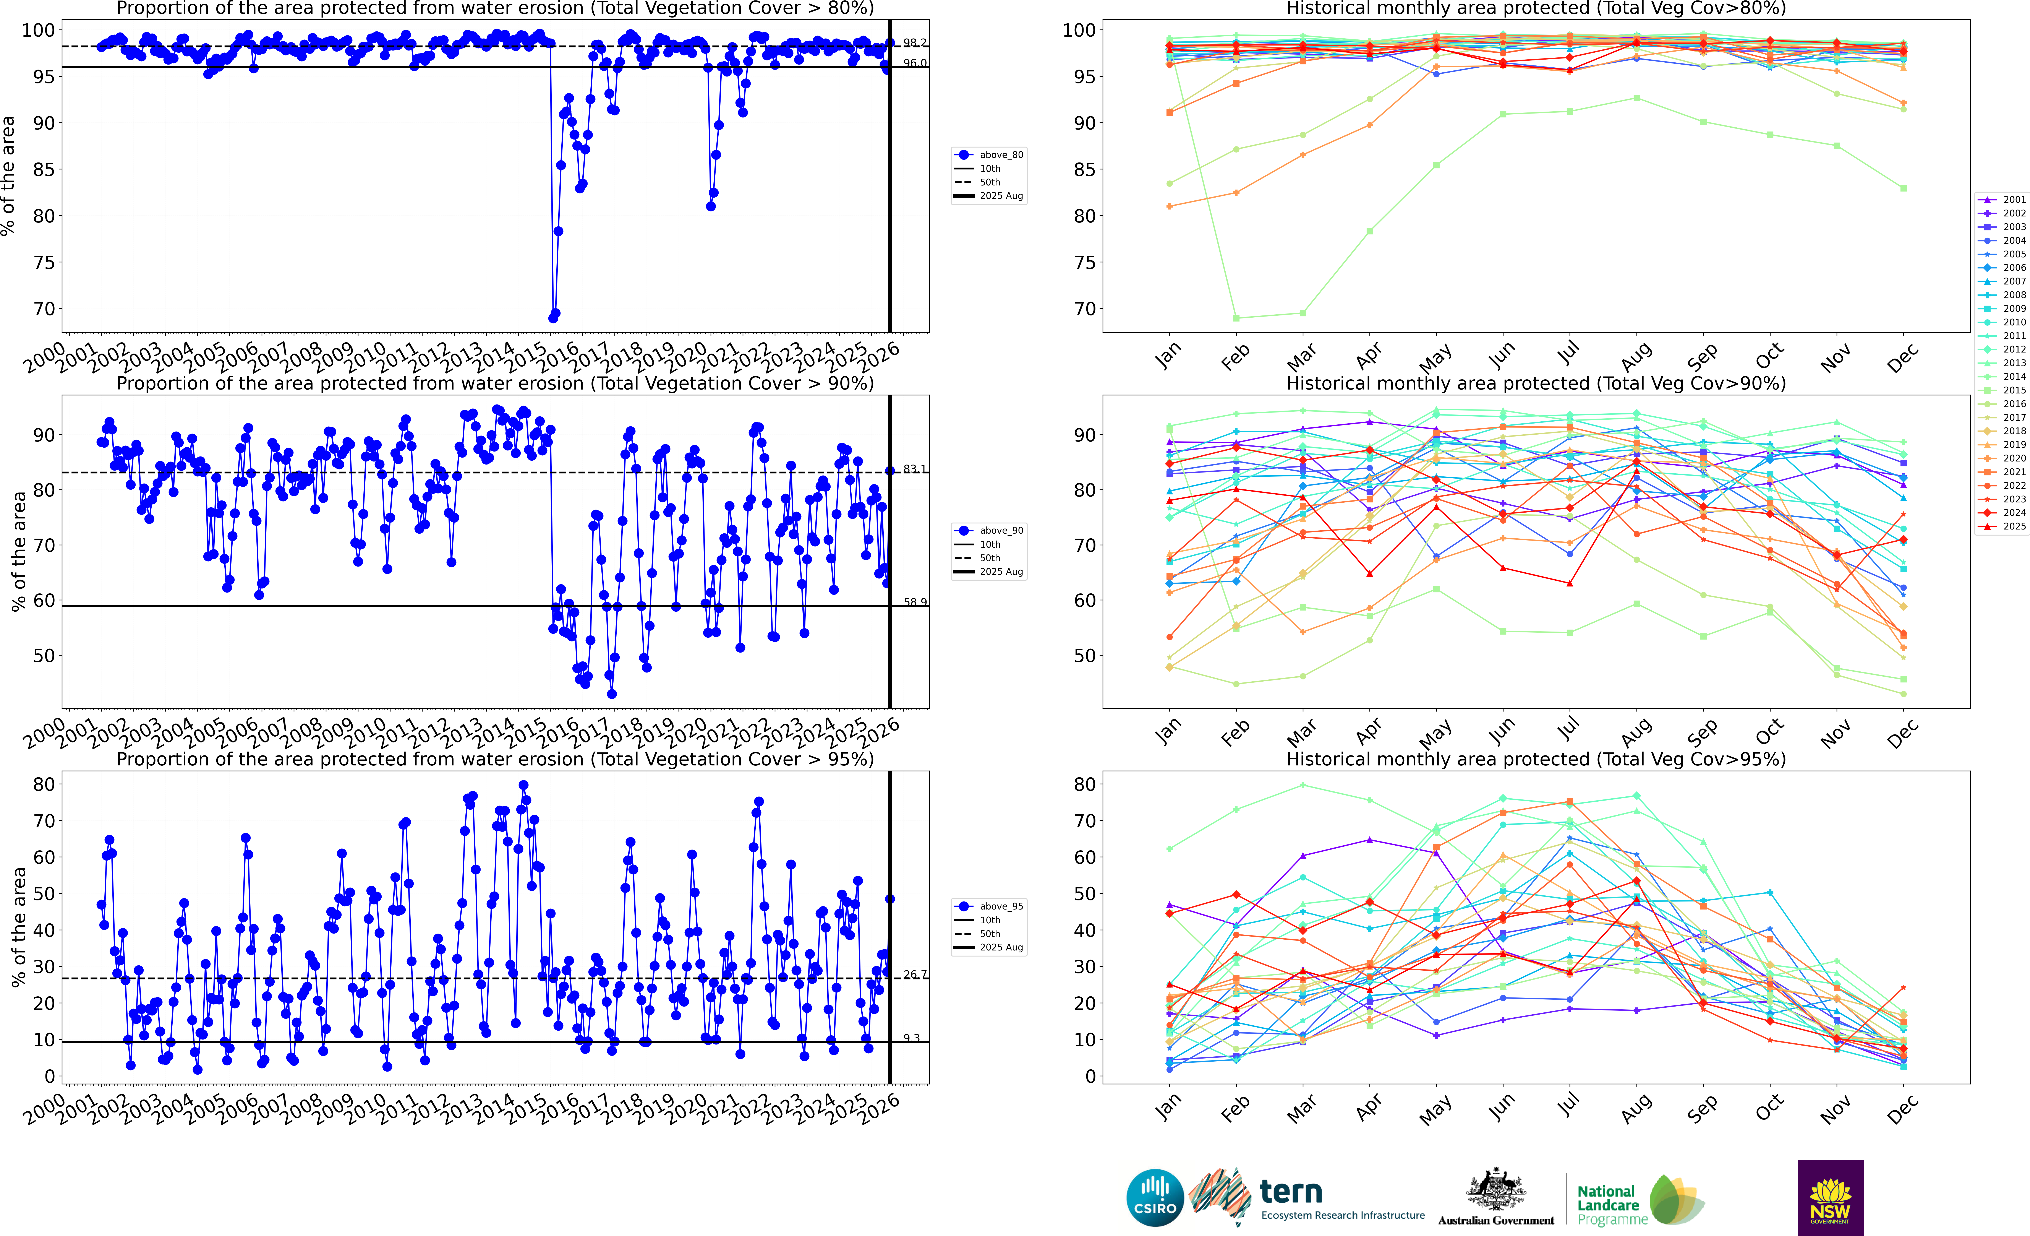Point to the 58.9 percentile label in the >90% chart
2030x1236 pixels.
tap(914, 602)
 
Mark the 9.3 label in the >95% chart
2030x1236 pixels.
tap(911, 1038)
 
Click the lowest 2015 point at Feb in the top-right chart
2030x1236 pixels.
tap(1236, 318)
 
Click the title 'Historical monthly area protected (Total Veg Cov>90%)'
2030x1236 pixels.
tap(1536, 383)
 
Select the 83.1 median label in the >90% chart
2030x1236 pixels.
tap(914, 469)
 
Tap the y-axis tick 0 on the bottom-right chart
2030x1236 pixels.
tap(1090, 1076)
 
